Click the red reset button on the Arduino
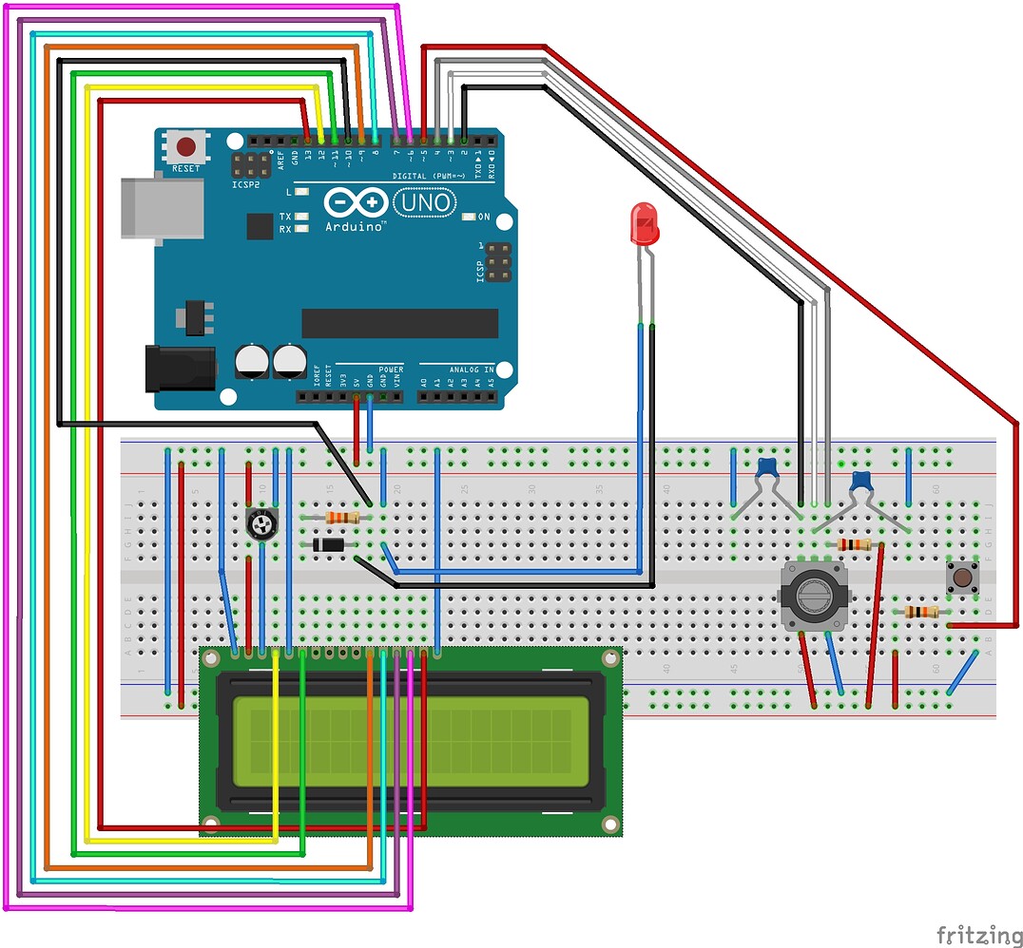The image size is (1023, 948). [186, 147]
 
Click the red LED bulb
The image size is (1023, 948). [645, 226]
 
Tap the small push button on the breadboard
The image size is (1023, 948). [963, 577]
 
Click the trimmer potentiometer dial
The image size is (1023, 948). [261, 524]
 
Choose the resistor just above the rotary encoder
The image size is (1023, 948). [855, 544]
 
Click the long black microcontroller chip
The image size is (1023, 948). [399, 323]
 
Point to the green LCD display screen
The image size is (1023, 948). [411, 743]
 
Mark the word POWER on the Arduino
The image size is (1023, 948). [391, 369]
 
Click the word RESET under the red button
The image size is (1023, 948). [186, 168]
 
